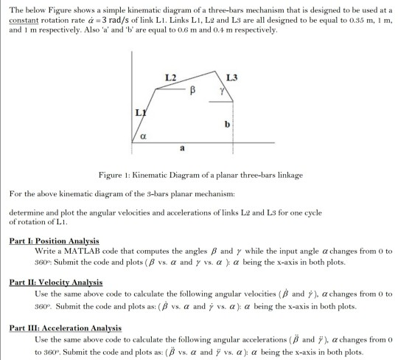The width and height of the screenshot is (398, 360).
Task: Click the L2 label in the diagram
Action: tap(170, 77)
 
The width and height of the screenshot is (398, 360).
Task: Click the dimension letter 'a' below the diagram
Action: tap(182, 150)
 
